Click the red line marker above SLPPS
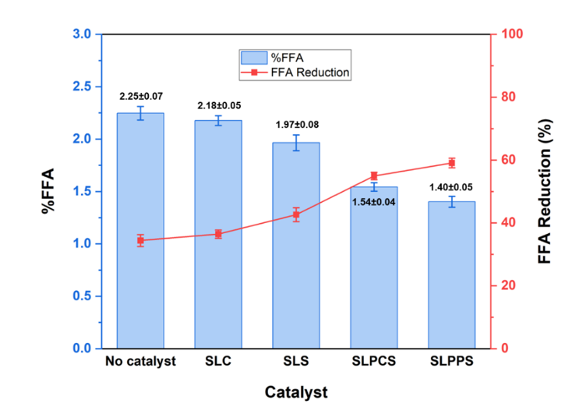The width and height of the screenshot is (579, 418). tap(451, 163)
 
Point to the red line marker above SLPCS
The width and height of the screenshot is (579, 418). tap(374, 176)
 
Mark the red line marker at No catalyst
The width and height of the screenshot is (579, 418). tap(140, 240)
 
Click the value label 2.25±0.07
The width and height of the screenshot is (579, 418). tap(141, 96)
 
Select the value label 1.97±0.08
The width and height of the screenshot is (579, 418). tap(296, 125)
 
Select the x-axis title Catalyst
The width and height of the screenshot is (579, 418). tap(295, 391)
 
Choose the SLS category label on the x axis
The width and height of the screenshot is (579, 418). tap(296, 363)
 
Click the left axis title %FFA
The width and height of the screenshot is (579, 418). tap(48, 191)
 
